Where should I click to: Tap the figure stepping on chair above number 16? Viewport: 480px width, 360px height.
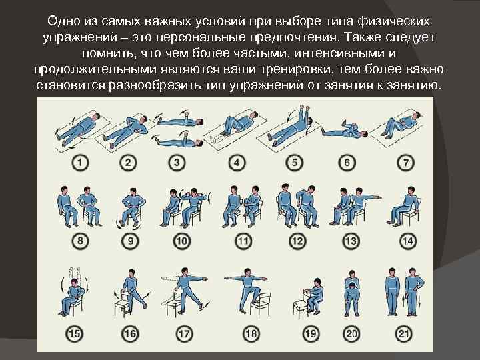pyautogui.click(x=131, y=290)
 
